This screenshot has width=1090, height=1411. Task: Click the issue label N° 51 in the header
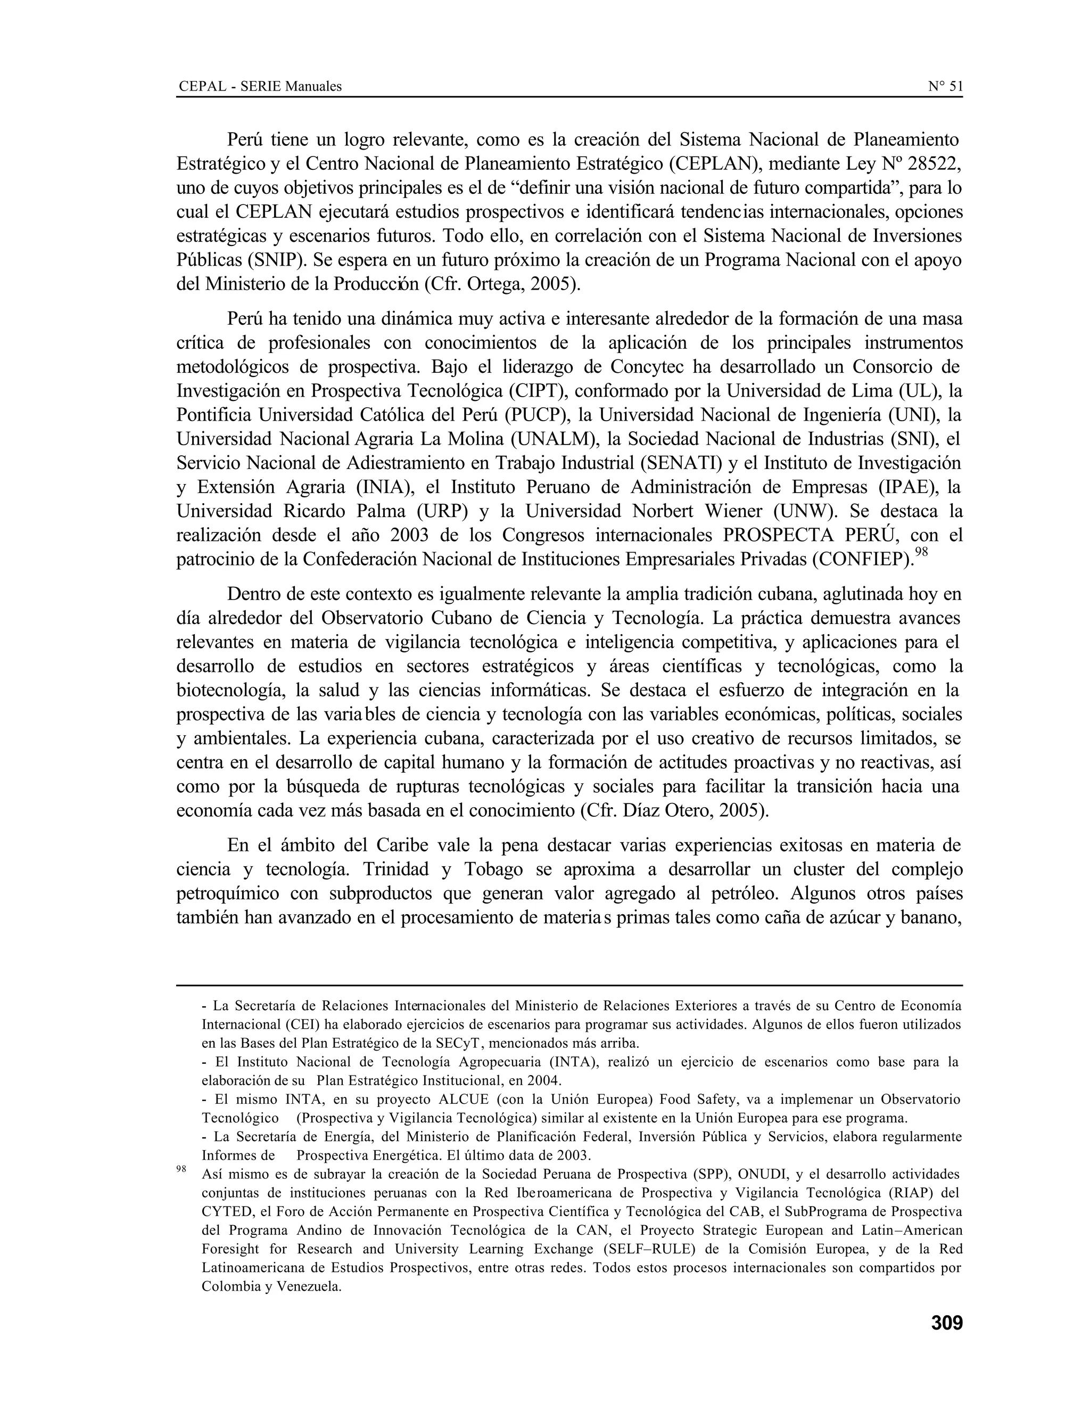[945, 86]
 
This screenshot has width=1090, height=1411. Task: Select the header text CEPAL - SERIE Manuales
[260, 86]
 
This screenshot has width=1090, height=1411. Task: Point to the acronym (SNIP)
[274, 260]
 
